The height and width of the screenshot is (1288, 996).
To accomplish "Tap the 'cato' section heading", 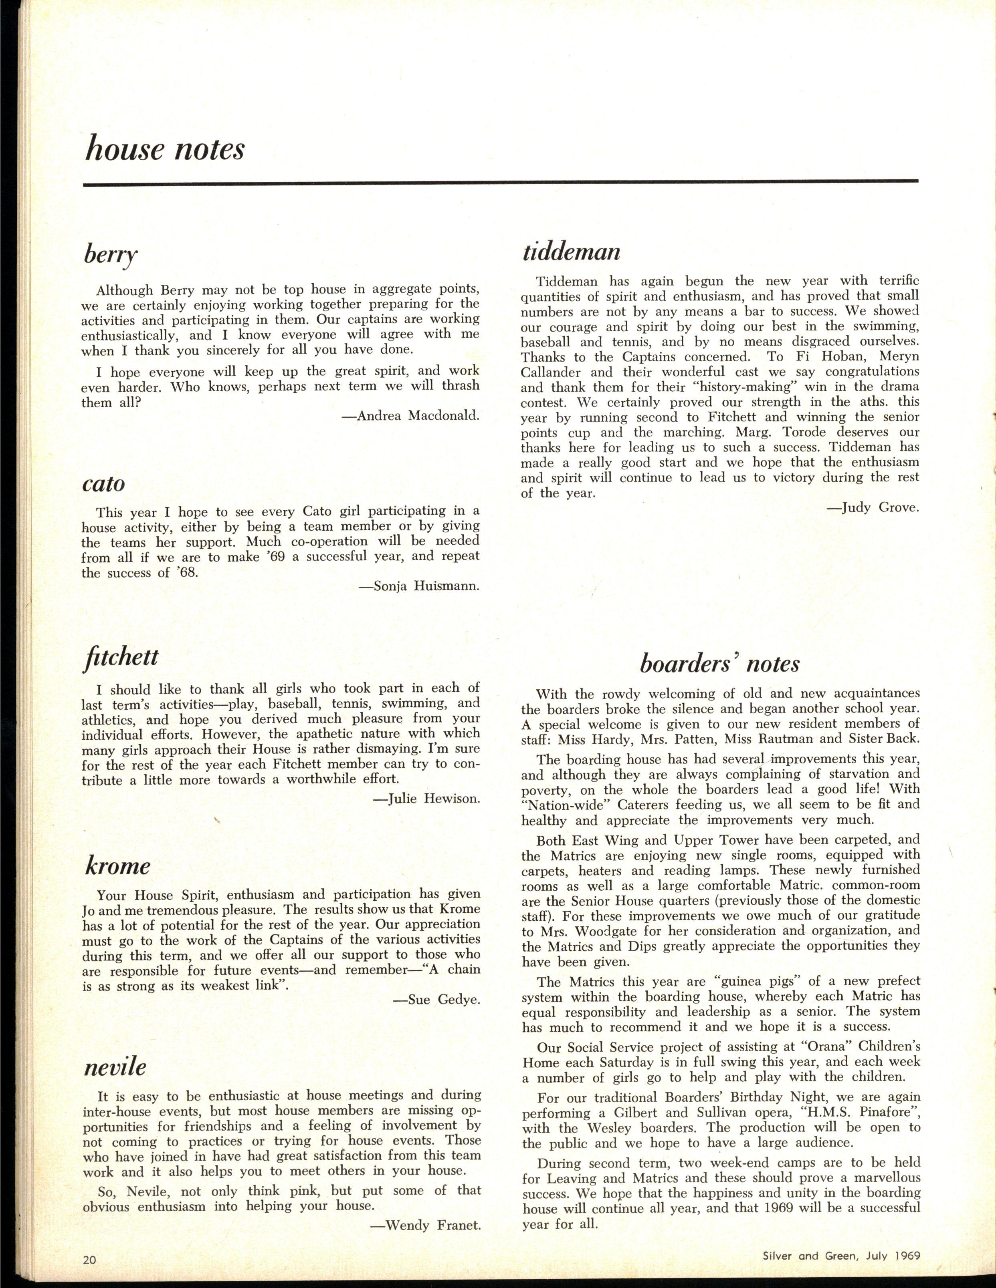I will [x=103, y=483].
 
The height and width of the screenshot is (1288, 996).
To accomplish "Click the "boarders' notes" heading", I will [x=720, y=664].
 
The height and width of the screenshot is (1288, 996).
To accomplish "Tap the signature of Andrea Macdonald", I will [x=411, y=416].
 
